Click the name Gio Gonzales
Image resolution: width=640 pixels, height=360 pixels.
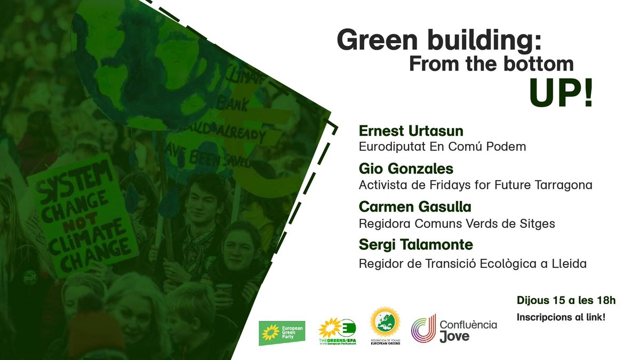coord(406,169)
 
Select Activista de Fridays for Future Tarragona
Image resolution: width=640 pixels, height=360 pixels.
coord(476,185)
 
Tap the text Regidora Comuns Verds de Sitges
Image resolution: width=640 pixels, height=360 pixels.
coord(457,223)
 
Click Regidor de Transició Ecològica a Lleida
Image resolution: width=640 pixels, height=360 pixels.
coord(473,264)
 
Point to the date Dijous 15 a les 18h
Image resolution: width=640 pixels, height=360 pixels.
coord(566,301)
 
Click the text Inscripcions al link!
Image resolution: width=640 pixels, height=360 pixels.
coord(561,317)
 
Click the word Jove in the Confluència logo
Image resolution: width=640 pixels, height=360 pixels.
coord(455,336)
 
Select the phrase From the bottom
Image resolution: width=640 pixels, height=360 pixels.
coord(491,65)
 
